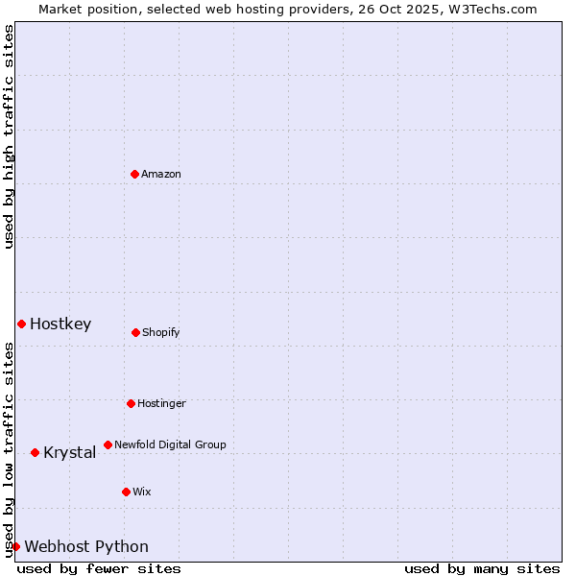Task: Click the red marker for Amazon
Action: point(134,174)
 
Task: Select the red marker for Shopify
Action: point(135,332)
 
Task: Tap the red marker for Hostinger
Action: point(131,403)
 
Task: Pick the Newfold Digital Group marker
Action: point(108,444)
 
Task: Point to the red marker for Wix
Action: point(126,492)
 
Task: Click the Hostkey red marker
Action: point(21,324)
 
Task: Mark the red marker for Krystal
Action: point(35,452)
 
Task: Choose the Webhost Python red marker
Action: point(15,546)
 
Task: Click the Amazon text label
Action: point(161,174)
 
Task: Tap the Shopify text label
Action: point(161,332)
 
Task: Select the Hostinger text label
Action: point(161,403)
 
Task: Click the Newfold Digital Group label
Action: point(170,444)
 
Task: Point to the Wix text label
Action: point(142,492)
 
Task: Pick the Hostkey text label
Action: point(60,324)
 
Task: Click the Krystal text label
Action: point(69,452)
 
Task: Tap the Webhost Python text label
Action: point(86,546)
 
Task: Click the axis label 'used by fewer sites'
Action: point(99,568)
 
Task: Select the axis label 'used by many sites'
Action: point(482,568)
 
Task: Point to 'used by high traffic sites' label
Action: point(9,136)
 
